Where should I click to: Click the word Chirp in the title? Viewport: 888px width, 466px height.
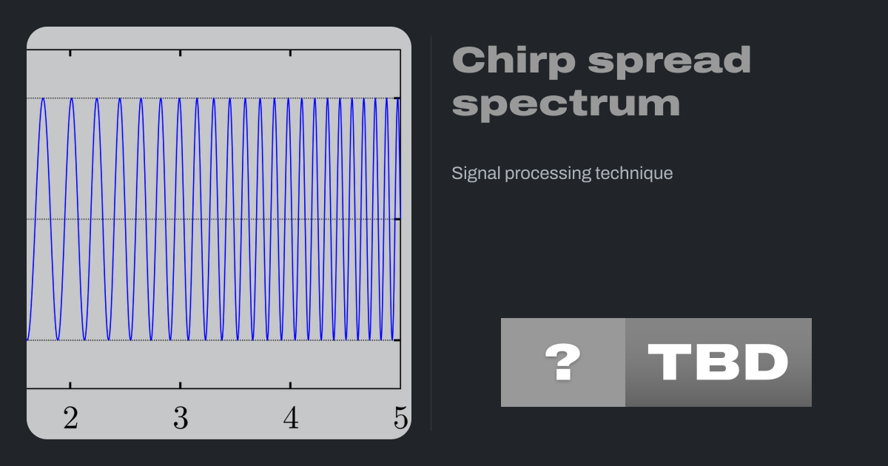point(514,61)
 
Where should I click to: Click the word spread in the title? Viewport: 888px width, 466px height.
point(669,61)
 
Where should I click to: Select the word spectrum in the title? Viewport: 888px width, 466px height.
point(566,104)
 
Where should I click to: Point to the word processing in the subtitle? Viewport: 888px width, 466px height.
point(548,174)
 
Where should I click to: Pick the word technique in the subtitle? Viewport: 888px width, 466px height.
point(634,174)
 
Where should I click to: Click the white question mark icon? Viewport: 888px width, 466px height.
point(563,362)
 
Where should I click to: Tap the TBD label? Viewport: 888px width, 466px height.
point(718,362)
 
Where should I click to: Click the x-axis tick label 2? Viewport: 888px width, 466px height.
point(71,418)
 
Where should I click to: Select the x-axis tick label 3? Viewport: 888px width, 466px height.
point(181,418)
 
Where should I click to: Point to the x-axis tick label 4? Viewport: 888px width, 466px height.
point(291,418)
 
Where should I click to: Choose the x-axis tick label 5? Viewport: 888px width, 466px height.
point(401,418)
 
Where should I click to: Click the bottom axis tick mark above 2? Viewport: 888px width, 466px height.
point(70,385)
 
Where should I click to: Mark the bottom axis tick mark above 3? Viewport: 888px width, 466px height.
point(181,385)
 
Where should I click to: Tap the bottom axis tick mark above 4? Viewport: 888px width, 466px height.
point(290,385)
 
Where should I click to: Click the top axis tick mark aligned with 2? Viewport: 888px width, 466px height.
point(70,53)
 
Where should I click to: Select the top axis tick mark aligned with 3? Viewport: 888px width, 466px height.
point(181,53)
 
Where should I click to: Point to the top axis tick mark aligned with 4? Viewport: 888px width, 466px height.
point(290,53)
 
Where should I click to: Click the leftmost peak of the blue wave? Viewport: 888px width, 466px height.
point(43,98)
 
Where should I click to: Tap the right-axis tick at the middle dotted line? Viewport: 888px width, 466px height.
point(397,219)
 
